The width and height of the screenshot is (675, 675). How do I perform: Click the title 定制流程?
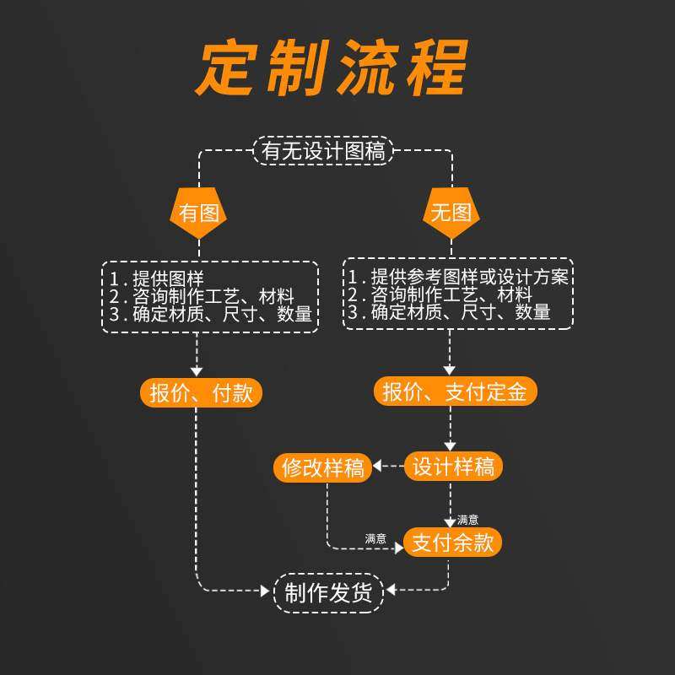click(332, 67)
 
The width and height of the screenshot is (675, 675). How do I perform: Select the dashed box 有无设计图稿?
click(323, 151)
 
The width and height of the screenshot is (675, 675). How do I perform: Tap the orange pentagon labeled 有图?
click(199, 213)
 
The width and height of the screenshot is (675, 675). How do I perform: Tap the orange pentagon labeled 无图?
click(451, 213)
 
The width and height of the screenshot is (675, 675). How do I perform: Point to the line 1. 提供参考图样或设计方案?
click(458, 277)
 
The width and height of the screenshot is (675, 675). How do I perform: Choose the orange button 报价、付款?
click(201, 392)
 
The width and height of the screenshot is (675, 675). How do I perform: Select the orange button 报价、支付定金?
click(456, 391)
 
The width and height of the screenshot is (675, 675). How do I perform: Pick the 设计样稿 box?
click(453, 467)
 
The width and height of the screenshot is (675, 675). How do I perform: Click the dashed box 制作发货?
click(328, 593)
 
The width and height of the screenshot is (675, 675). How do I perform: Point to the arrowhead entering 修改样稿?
click(378, 466)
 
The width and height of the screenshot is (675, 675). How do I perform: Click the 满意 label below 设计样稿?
click(468, 520)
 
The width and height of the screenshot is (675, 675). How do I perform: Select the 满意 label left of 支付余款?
click(375, 538)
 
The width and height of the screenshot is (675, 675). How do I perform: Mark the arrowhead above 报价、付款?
click(197, 370)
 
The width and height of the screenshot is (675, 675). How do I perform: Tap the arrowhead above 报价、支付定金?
click(450, 370)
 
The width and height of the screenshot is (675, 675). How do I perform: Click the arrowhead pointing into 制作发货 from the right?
click(391, 590)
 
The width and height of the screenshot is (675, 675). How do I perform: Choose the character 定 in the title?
click(225, 67)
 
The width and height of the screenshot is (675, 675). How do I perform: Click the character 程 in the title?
click(435, 67)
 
